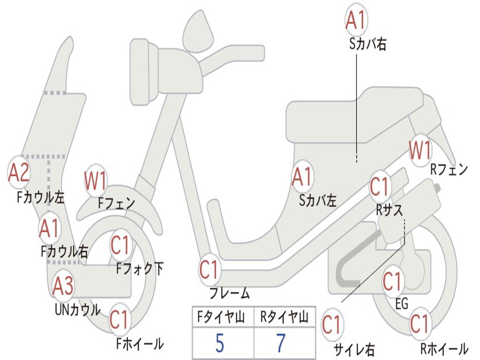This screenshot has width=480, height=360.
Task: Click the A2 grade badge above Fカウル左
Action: (x=19, y=172)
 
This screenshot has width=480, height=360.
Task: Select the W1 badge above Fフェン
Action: (x=96, y=180)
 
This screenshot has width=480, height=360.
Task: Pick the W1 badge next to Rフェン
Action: (x=420, y=150)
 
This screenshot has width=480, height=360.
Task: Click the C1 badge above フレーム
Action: (x=209, y=270)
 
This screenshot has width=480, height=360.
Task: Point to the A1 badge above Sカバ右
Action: (x=356, y=20)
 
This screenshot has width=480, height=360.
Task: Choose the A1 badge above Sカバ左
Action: (x=302, y=177)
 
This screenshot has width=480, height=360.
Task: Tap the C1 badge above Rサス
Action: (x=380, y=186)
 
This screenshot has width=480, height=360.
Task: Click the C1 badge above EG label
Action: (x=392, y=281)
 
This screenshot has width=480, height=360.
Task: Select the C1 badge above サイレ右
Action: (x=332, y=324)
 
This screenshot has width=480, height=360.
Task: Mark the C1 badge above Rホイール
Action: (x=420, y=323)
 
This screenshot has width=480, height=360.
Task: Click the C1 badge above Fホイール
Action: (x=120, y=319)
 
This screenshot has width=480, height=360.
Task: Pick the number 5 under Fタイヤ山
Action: (x=220, y=343)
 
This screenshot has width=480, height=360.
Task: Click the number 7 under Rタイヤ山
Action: (x=281, y=343)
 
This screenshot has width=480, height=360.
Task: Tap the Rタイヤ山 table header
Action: (x=285, y=317)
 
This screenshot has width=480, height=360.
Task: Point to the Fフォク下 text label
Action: (x=140, y=269)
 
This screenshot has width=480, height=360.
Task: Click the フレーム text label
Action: (x=230, y=293)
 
